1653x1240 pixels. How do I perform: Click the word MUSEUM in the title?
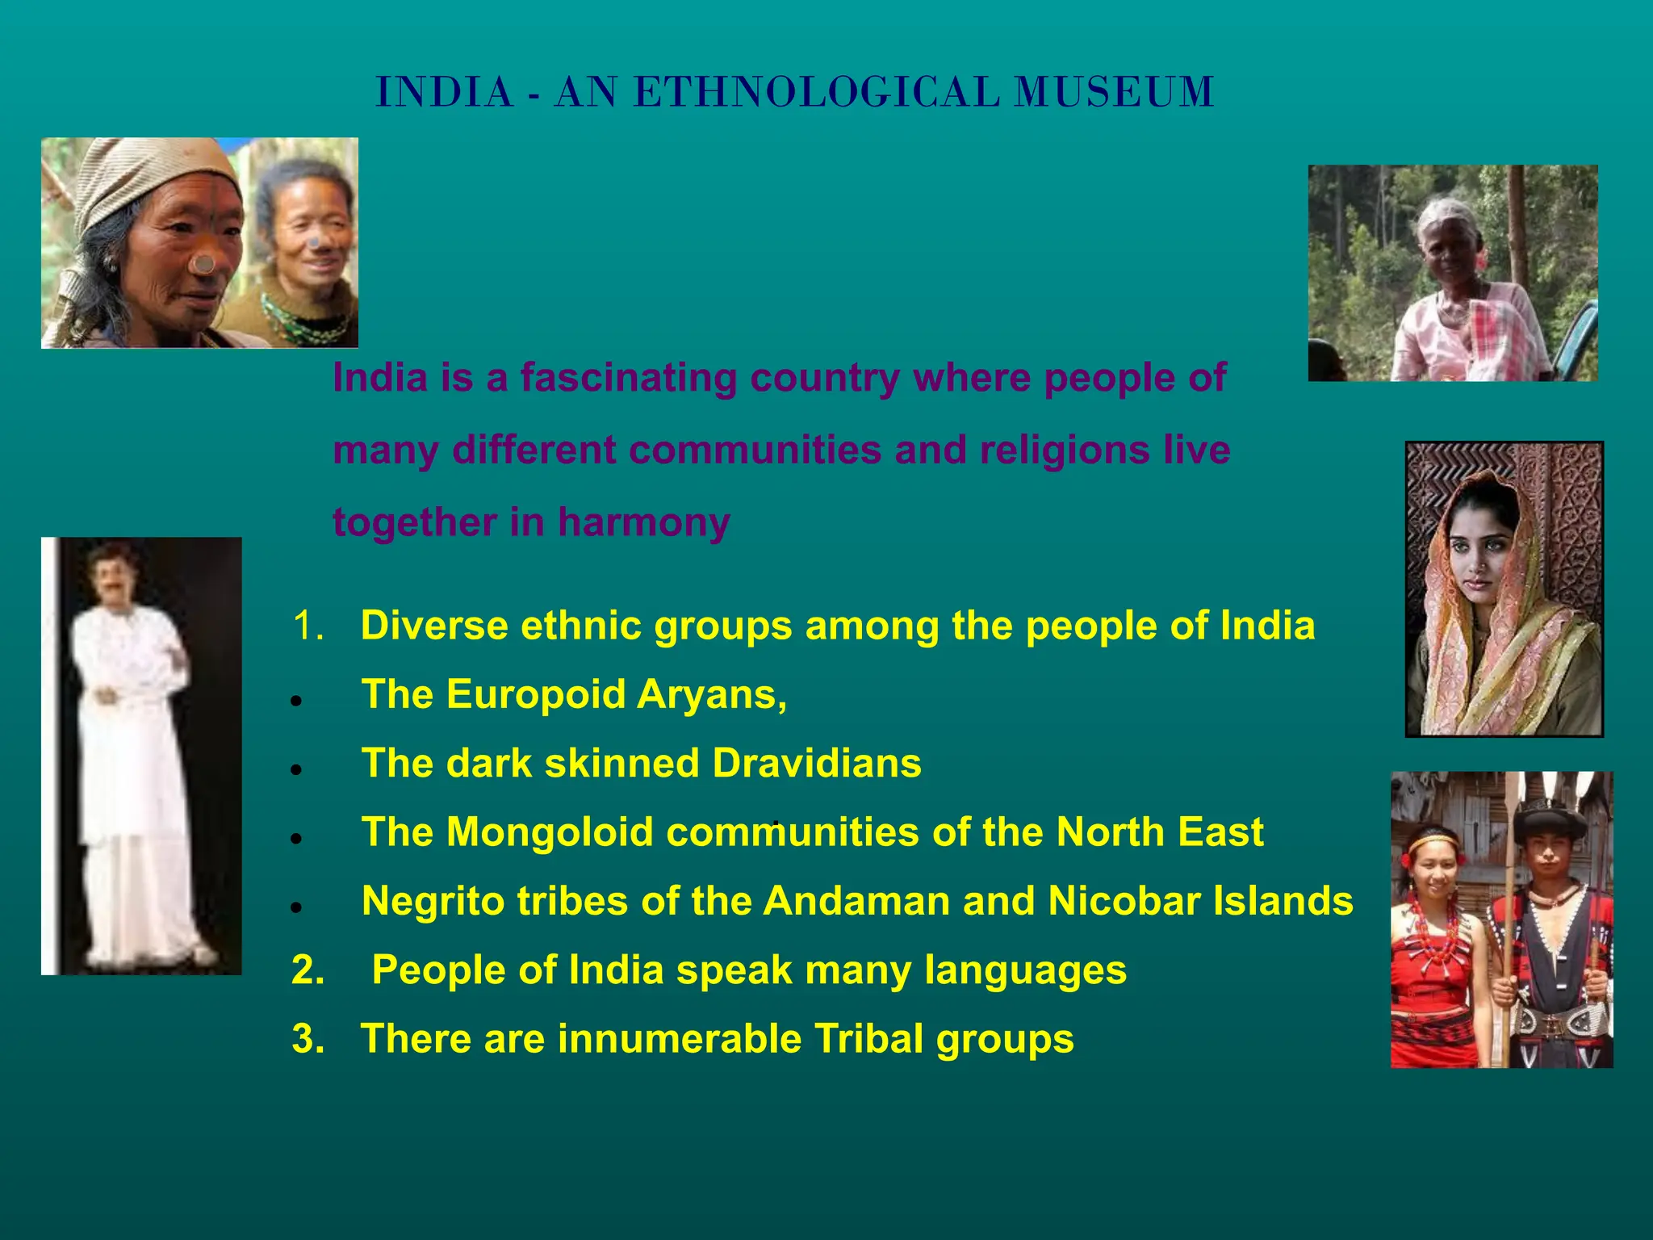pos(1114,92)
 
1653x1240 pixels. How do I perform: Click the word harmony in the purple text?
pos(643,522)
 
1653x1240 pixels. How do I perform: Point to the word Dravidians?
pos(816,763)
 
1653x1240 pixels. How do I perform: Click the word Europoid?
pos(535,694)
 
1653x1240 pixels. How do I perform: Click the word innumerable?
pos(679,1039)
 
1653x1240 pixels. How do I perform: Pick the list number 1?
pos(308,626)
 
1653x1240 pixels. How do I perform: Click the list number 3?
pos(308,1039)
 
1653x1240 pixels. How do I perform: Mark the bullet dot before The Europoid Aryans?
pos(297,702)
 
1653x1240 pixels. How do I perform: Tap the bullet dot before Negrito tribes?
pos(297,908)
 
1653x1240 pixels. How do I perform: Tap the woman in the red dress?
pos(1441,953)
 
